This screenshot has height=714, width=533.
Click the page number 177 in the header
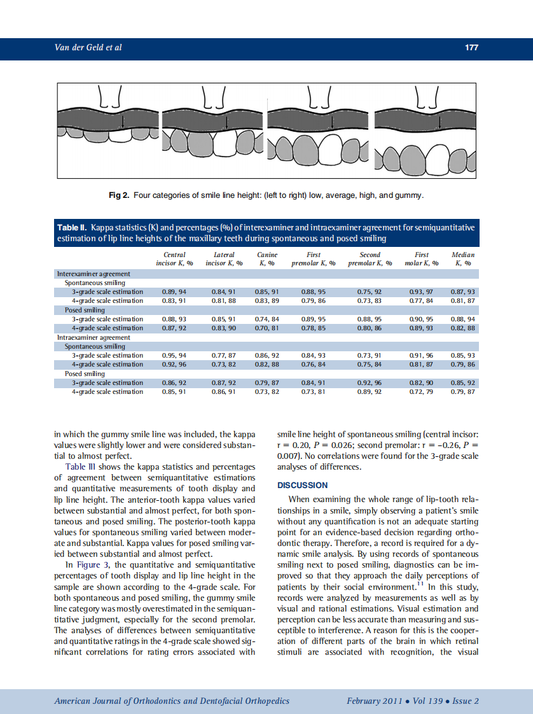pyautogui.click(x=471, y=48)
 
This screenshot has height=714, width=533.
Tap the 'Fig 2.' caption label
pyautogui.click(x=120, y=194)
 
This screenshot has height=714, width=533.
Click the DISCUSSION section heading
pyautogui.click(x=303, y=485)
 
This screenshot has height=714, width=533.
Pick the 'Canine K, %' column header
pyautogui.click(x=268, y=258)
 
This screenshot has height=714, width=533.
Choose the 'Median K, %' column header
pyautogui.click(x=462, y=258)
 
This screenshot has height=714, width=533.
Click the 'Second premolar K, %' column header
pyautogui.click(x=370, y=258)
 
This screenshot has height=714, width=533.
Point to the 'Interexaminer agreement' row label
pyautogui.click(x=93, y=274)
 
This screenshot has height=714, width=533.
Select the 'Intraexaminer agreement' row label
pyautogui.click(x=93, y=337)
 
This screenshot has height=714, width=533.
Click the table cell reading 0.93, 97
pyautogui.click(x=421, y=291)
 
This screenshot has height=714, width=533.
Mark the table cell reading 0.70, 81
pyautogui.click(x=267, y=328)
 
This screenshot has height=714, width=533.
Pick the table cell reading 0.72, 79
pyautogui.click(x=421, y=392)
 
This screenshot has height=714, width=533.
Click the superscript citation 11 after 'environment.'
pyautogui.click(x=420, y=584)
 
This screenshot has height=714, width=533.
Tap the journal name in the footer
pyautogui.click(x=172, y=701)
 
